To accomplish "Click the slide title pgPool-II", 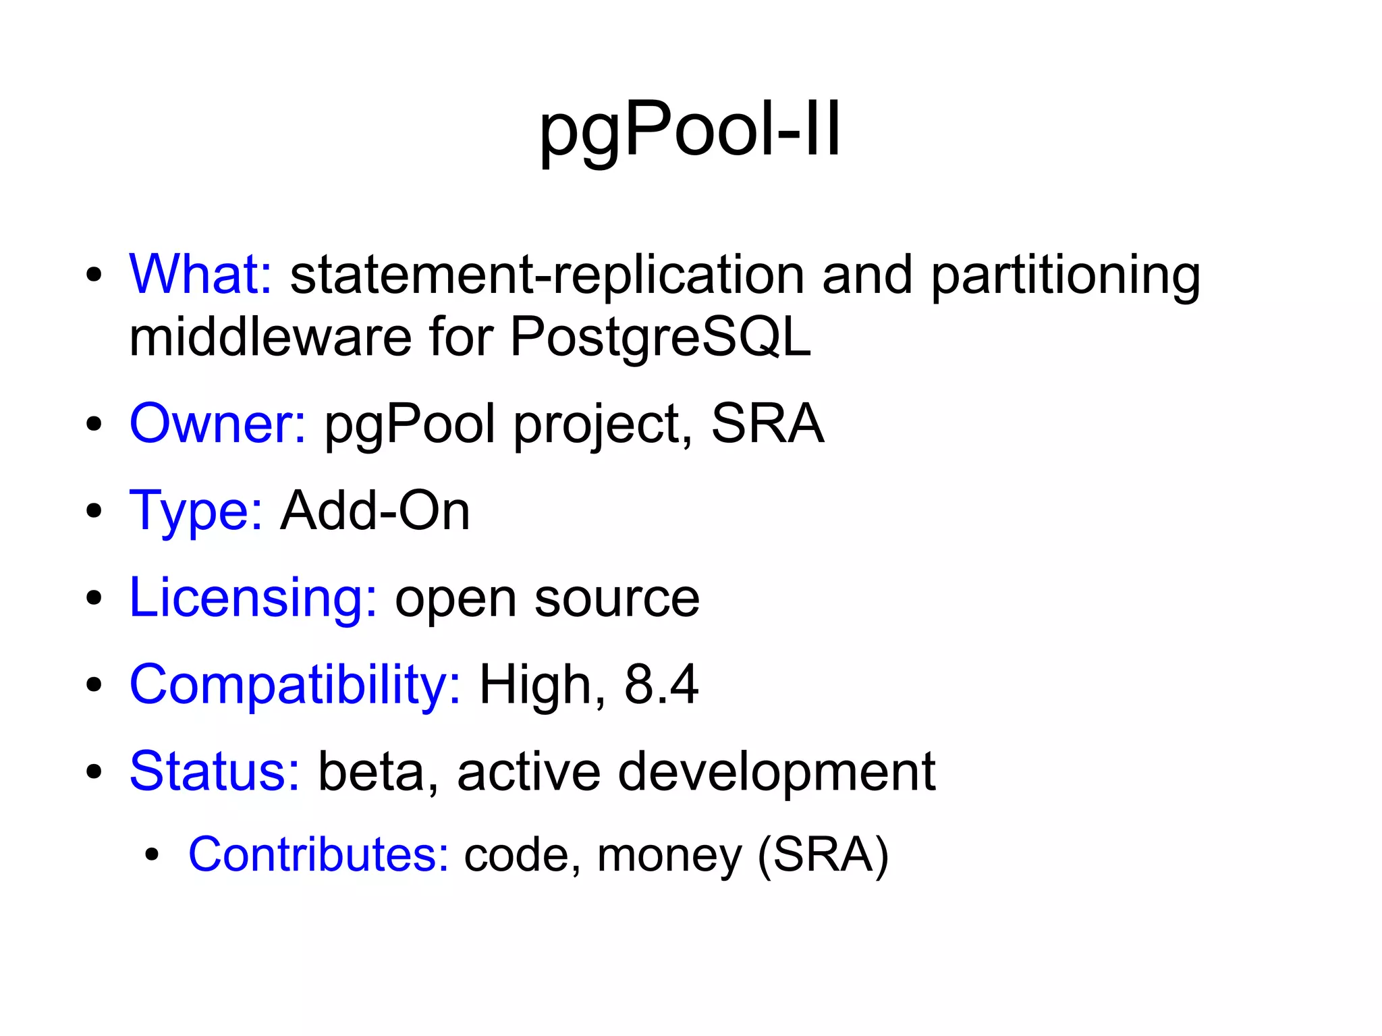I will (x=690, y=130).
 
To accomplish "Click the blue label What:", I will (x=200, y=275).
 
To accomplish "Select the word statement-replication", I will (x=547, y=275).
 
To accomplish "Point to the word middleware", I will (x=270, y=337).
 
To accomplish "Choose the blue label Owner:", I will (x=217, y=424).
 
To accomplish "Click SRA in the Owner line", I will (x=767, y=424).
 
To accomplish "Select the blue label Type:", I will (x=196, y=512).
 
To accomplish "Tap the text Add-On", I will (x=375, y=511).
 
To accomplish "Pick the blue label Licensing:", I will (x=253, y=598).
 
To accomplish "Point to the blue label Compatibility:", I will (x=295, y=685).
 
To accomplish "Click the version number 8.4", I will (x=661, y=685).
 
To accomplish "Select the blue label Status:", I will (x=215, y=771).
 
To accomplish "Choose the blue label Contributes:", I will (x=319, y=855).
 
